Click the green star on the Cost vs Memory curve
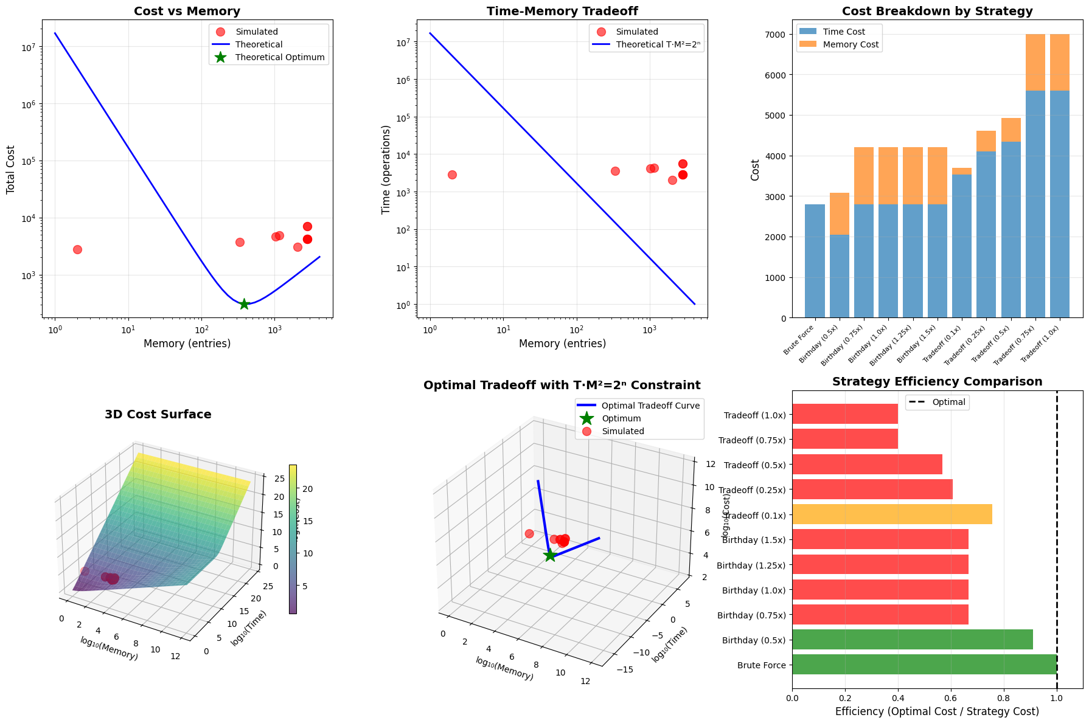pos(244,303)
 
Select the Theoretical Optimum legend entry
pos(280,58)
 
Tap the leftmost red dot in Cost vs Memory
pos(77,249)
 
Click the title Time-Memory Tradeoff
pos(562,11)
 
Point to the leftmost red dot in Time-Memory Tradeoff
pos(452,175)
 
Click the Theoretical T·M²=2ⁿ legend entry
pos(659,44)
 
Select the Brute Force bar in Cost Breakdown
pos(815,261)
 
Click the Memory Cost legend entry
pos(851,44)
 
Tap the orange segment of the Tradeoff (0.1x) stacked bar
pos(962,171)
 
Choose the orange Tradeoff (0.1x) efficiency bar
pos(892,514)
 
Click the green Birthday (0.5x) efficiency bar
pos(912,640)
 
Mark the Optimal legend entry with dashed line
pos(948,402)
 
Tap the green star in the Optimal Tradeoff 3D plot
pos(550,555)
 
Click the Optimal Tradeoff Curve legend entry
pos(650,406)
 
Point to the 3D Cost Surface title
pos(158,415)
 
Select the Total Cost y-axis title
pos(10,170)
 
